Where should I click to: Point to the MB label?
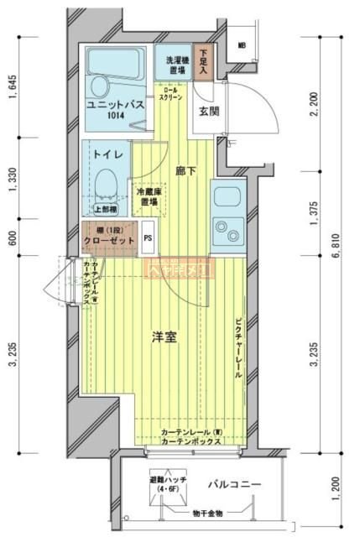coord(241,46)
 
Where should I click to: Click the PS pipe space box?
coord(149,237)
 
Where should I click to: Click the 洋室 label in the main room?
coord(164,338)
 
